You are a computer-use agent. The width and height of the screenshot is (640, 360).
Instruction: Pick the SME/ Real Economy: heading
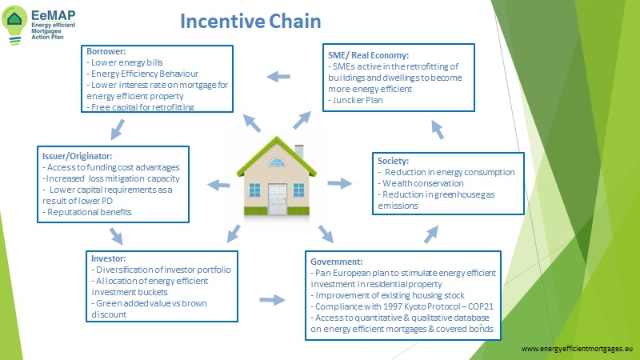click(x=369, y=55)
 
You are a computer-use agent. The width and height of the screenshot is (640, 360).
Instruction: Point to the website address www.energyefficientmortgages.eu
click(x=576, y=350)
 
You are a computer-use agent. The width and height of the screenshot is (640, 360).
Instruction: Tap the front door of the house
click(x=278, y=196)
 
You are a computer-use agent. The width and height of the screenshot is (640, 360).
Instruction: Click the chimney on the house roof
click(x=299, y=150)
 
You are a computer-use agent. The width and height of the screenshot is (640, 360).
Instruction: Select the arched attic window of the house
click(x=276, y=162)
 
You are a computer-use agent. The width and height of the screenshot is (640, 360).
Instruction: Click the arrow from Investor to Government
click(x=274, y=300)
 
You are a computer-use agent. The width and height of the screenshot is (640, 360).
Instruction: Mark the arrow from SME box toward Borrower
click(x=278, y=77)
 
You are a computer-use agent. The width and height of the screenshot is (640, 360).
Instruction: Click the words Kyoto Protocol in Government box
click(x=425, y=306)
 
